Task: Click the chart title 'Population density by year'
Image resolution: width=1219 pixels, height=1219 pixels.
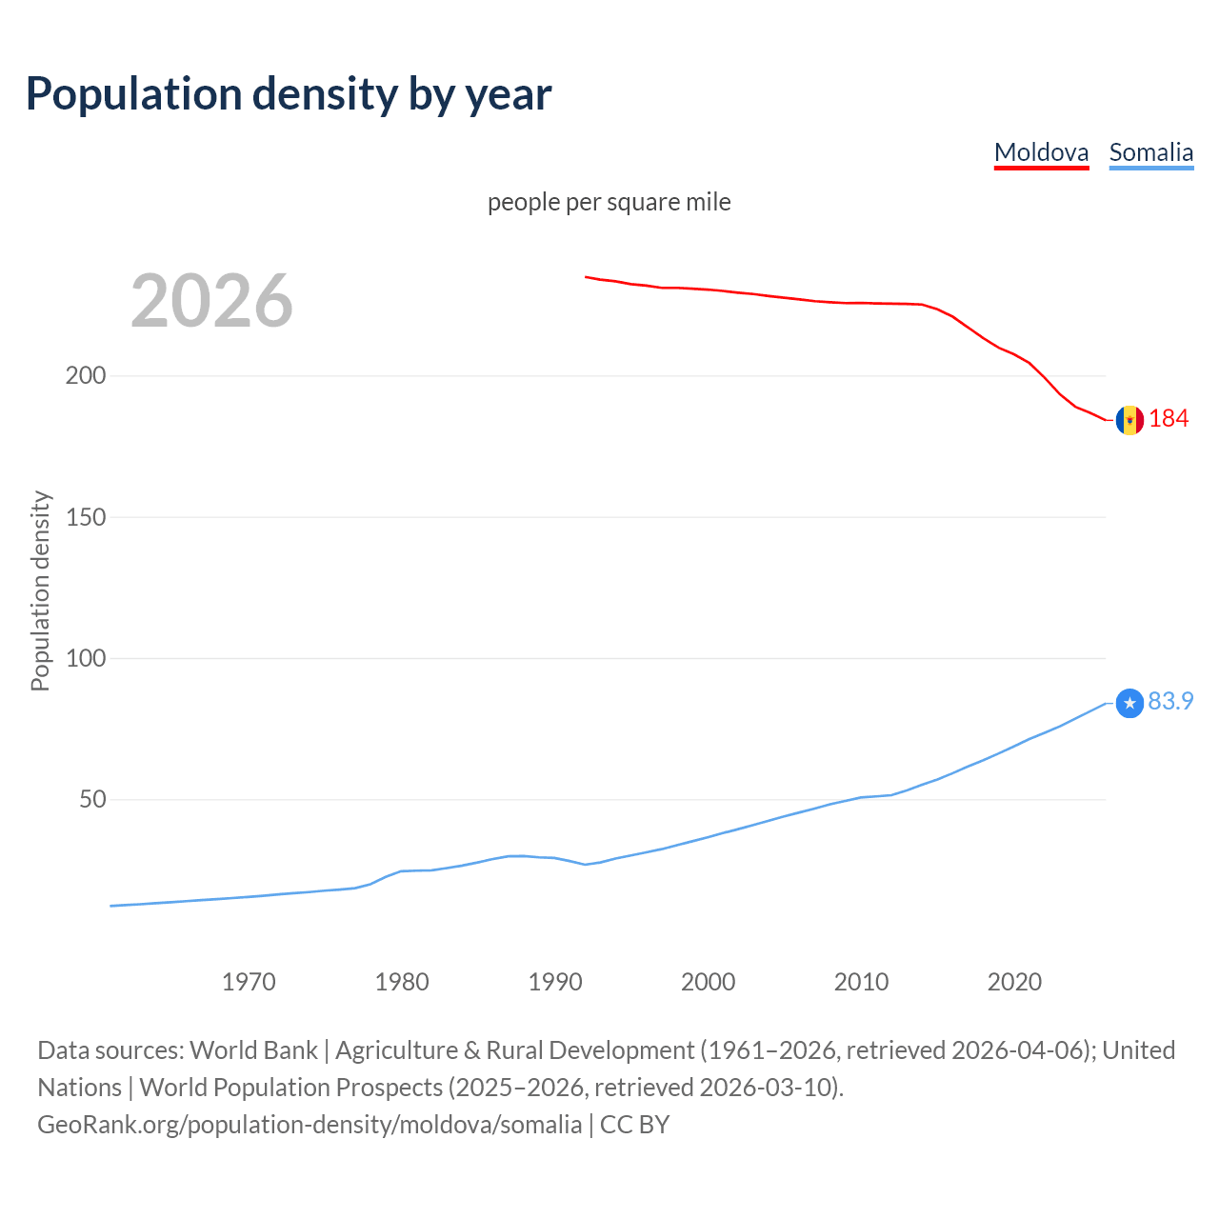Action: tap(289, 93)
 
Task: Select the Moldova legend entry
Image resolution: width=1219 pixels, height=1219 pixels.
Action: tap(1041, 152)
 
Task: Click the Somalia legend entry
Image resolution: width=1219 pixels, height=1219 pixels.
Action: tap(1150, 152)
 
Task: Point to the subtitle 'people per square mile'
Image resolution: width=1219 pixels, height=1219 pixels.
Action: tap(609, 202)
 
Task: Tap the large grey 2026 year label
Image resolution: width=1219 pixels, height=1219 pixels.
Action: tap(211, 301)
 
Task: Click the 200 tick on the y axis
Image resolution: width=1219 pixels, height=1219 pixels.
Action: tap(86, 375)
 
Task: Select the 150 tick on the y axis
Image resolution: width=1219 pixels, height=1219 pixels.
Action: tap(86, 517)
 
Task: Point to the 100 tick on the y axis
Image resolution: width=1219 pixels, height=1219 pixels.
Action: tap(86, 658)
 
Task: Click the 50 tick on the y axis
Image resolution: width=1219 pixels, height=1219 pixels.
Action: tap(92, 799)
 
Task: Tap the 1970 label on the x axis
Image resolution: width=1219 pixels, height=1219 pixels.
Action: tap(249, 982)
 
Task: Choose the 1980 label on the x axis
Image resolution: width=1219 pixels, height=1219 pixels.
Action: tap(402, 982)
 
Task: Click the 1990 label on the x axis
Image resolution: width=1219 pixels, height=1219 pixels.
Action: tap(555, 982)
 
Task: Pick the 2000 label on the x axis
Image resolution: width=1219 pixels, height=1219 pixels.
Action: tap(708, 982)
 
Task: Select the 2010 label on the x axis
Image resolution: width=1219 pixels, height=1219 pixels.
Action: tap(861, 982)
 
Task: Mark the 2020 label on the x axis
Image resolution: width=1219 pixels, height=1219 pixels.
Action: tap(1014, 982)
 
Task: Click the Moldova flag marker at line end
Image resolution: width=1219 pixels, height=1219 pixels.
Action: tap(1129, 420)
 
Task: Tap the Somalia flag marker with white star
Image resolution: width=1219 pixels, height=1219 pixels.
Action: tap(1129, 704)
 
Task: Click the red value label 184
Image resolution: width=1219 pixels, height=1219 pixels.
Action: tap(1169, 418)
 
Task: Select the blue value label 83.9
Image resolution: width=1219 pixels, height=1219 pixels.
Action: tap(1170, 701)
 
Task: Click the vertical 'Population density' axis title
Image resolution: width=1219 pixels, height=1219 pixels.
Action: tap(40, 590)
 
